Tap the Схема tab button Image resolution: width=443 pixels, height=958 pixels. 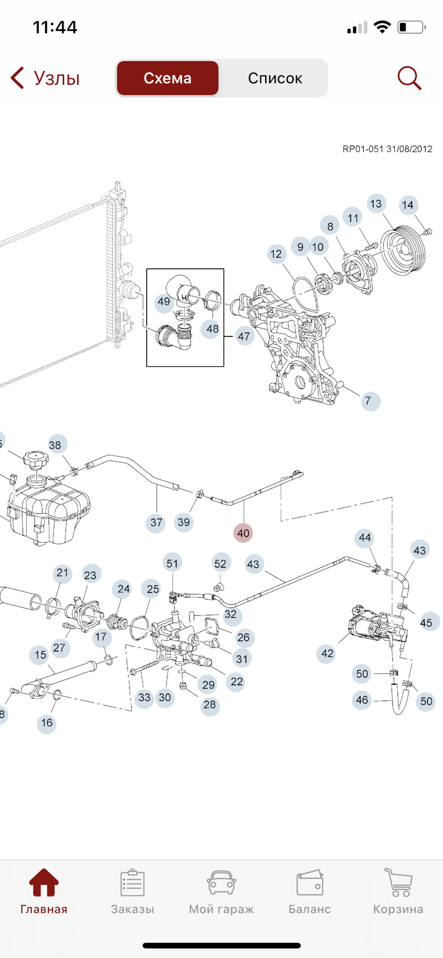pos(167,78)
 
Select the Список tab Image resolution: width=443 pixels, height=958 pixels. pos(275,78)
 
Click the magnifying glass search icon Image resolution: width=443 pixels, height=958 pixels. pos(409,78)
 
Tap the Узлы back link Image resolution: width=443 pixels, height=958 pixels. pos(45,78)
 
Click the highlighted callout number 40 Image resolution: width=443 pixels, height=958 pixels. pos(243,533)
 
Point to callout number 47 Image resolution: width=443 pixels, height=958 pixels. pos(244,336)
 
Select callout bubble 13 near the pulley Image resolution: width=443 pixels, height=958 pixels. pos(376,204)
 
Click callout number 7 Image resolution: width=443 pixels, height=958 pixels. pos(368,401)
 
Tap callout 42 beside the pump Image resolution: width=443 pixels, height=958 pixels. pos(327,653)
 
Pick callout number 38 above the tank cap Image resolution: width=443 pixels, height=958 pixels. pos(55,445)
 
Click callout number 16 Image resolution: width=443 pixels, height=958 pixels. pos(47,722)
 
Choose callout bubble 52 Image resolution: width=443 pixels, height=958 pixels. pos(220,563)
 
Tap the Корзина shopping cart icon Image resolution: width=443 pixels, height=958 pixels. pos(398,883)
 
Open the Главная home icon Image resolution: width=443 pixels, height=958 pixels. pos(44,883)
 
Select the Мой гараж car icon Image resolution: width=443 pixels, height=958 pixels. pos(221,883)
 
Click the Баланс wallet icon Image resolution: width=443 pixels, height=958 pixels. pos(310,883)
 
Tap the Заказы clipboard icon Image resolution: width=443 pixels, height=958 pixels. pos(132,883)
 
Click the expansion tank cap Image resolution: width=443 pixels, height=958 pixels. pos(35,461)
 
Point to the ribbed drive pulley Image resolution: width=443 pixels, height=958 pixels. pos(402,251)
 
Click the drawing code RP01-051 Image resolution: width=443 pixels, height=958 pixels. pos(363,149)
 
